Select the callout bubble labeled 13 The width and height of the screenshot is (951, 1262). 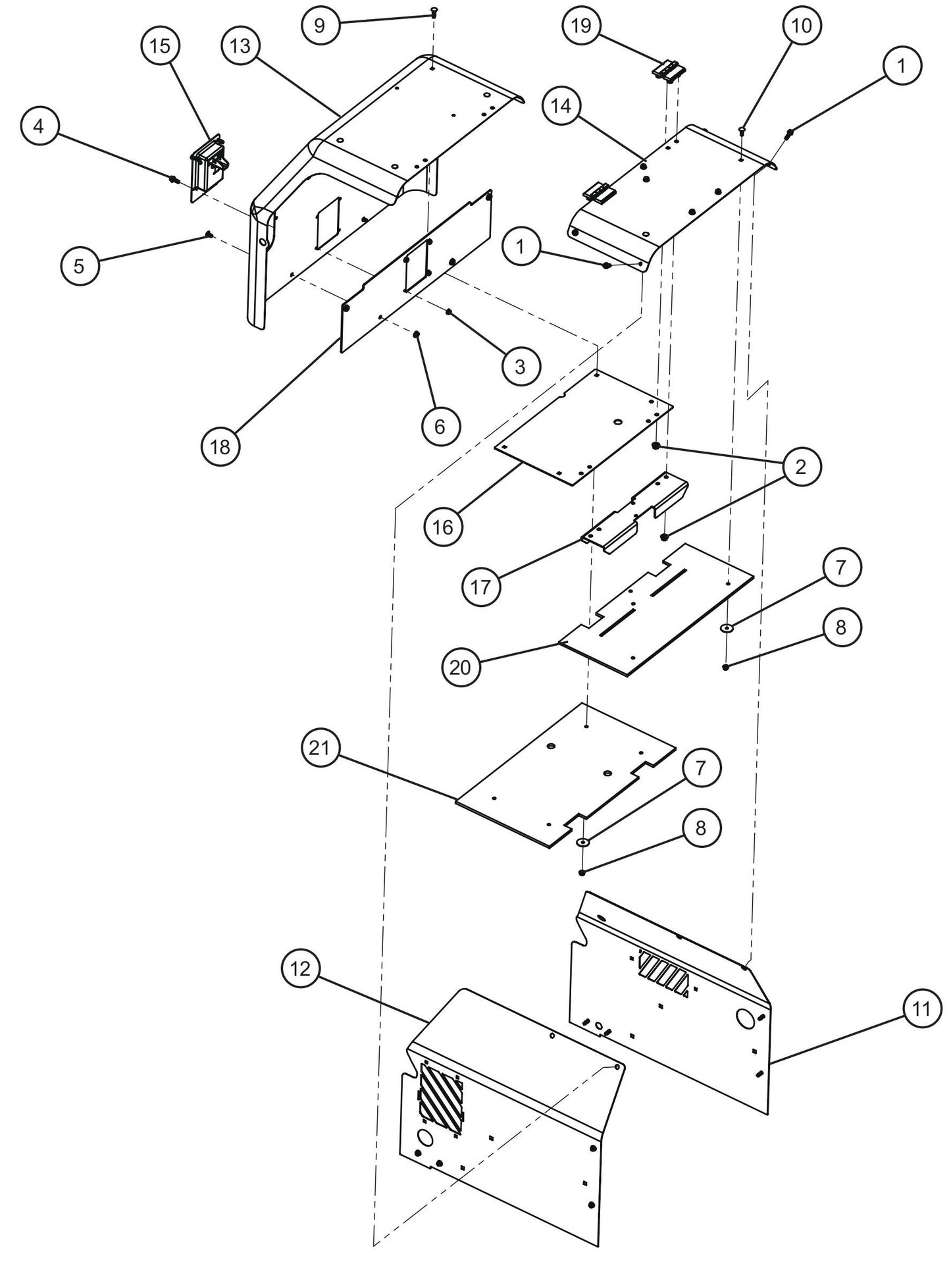241,46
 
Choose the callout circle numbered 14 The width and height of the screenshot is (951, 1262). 562,106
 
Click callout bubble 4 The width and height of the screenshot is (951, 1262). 39,126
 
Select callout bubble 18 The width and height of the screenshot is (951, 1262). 220,447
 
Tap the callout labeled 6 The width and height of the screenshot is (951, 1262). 440,427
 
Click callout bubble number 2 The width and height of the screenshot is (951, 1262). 800,467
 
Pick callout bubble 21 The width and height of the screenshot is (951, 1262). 320,749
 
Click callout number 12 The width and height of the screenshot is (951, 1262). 300,968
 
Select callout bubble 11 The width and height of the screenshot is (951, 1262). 922,1008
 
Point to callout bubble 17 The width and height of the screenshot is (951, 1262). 481,586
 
